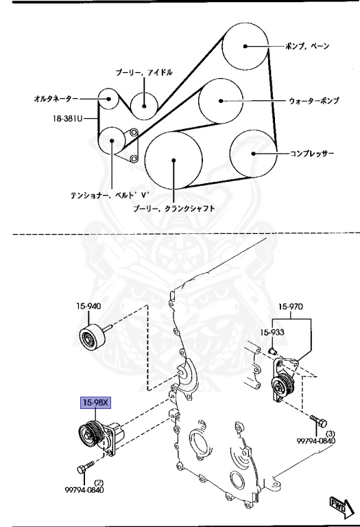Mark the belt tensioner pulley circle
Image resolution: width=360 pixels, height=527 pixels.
[x=111, y=142]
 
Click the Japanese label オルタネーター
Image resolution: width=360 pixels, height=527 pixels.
[x=56, y=99]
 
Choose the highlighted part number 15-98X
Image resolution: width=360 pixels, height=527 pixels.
[x=95, y=402]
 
